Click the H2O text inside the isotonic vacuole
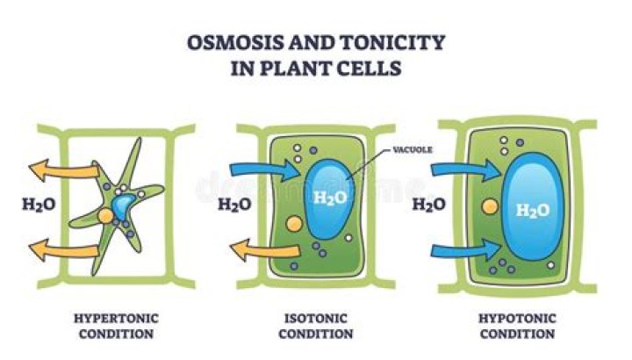[x=329, y=197]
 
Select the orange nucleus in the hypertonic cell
[x=104, y=215]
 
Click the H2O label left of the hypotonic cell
[x=428, y=207]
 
